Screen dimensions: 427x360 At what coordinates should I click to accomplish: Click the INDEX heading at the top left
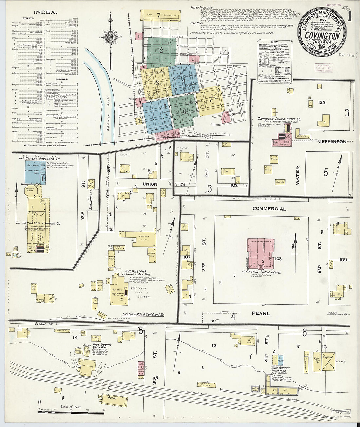pos(45,12)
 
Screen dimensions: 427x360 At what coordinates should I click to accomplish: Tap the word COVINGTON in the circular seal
pos(322,35)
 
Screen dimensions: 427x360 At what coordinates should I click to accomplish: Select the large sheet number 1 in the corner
pos(350,17)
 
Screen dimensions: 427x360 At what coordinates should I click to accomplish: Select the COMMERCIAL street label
pos(269,209)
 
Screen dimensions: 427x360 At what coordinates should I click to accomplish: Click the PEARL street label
pos(261,313)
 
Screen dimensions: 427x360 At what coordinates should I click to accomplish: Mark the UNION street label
pos(150,184)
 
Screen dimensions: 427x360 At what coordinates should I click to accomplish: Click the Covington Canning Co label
pos(38,223)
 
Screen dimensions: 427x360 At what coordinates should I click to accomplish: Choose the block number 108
pos(278,259)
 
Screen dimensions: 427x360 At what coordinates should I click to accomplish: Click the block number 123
pos(322,102)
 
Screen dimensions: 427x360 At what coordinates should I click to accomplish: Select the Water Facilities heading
pos(202,8)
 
